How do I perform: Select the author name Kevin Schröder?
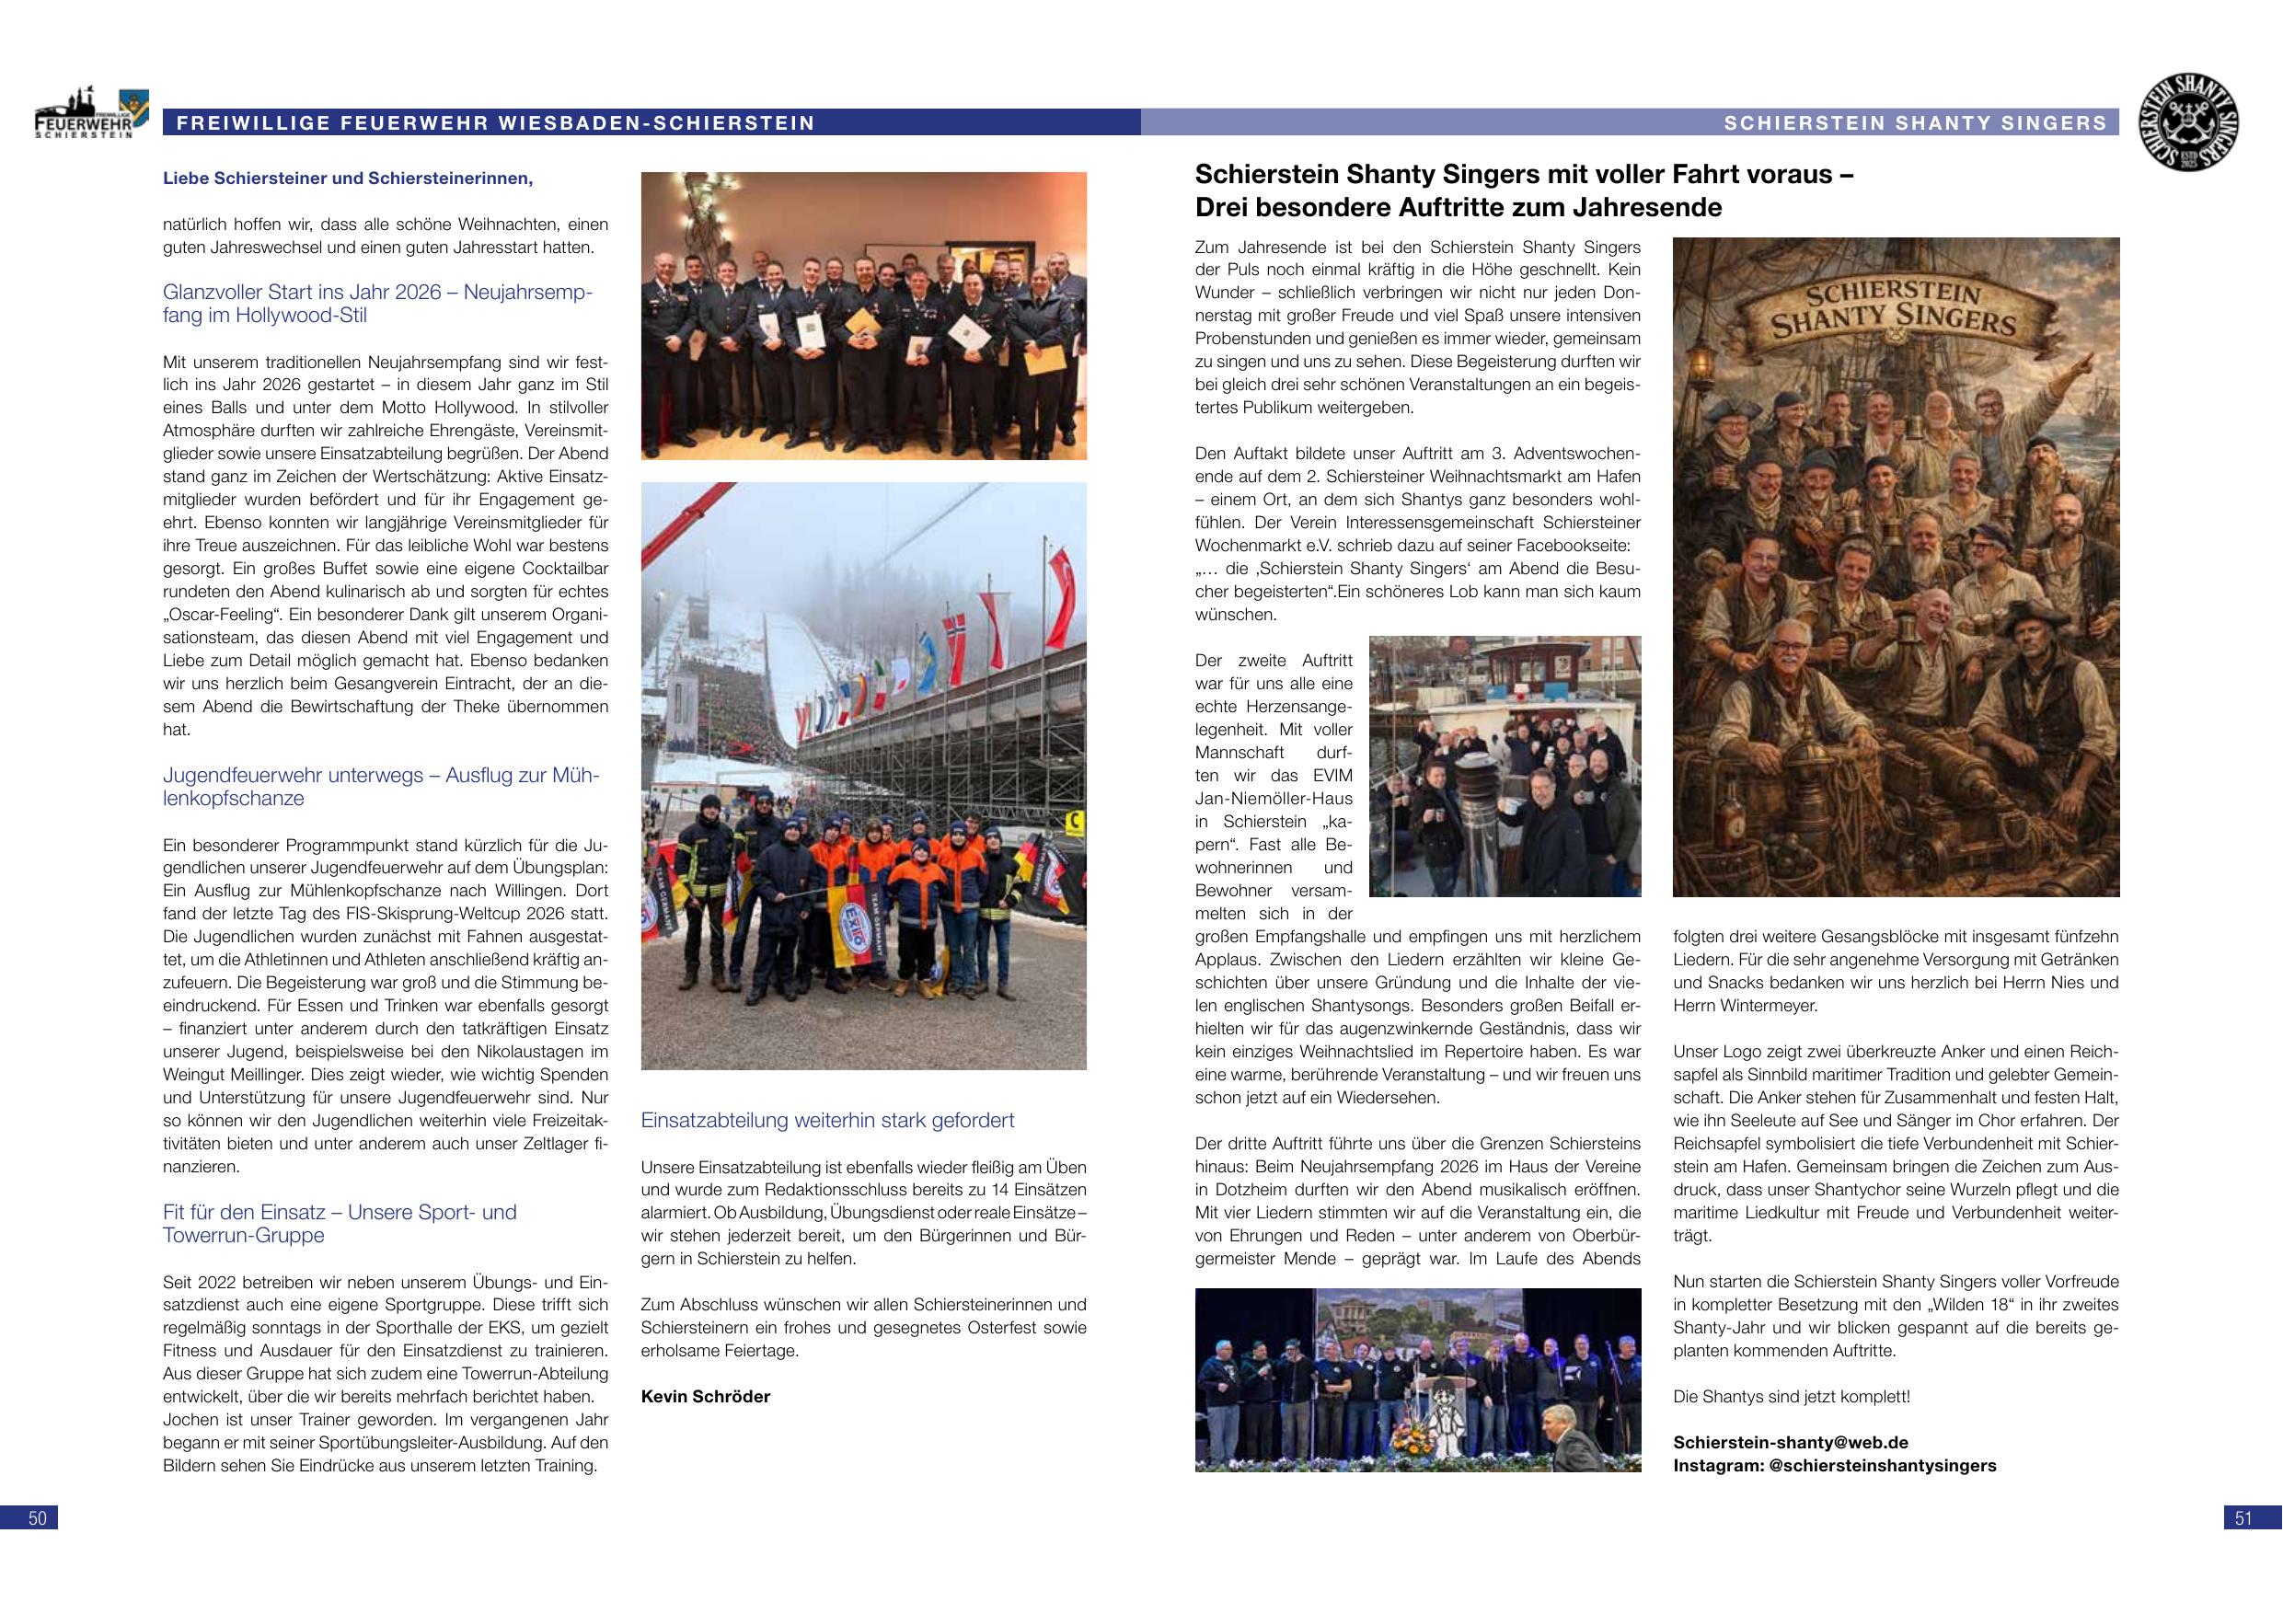(705, 1396)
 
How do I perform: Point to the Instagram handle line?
(1834, 1465)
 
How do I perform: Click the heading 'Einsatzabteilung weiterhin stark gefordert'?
(827, 1121)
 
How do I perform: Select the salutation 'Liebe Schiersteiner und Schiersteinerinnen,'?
(348, 179)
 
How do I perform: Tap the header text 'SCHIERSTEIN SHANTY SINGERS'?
(1915, 123)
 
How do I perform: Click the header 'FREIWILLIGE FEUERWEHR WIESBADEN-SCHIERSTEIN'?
(495, 123)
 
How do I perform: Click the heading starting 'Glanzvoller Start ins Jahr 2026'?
(378, 305)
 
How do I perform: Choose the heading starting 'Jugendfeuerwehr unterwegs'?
(381, 787)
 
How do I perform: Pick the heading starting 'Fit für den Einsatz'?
(340, 1223)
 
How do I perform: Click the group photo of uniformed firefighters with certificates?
(863, 316)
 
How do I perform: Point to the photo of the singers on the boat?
(1505, 766)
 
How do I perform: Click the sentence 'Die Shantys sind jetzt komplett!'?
(1791, 1396)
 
